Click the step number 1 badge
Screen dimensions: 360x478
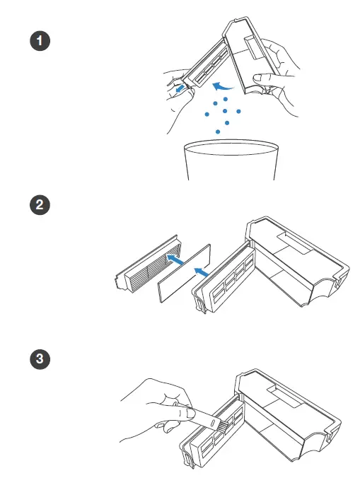pos(40,41)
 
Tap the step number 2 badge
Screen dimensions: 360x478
pos(40,204)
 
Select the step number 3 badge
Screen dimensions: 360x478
pos(40,358)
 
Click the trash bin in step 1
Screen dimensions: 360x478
pos(231,160)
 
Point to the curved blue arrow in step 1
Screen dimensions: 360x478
pos(223,87)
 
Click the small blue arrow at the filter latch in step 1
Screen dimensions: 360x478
pos(180,88)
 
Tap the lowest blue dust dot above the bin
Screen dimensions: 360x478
pos(218,132)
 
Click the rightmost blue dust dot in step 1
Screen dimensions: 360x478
pos(238,112)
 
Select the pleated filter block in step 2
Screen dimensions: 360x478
pos(148,264)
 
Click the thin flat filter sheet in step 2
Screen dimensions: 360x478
pos(184,273)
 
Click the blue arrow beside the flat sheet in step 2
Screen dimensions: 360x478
pos(201,272)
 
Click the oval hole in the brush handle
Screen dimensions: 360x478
pos(212,424)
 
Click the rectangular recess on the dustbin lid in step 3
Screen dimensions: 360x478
pos(285,395)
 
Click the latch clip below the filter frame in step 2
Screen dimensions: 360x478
pos(201,305)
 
